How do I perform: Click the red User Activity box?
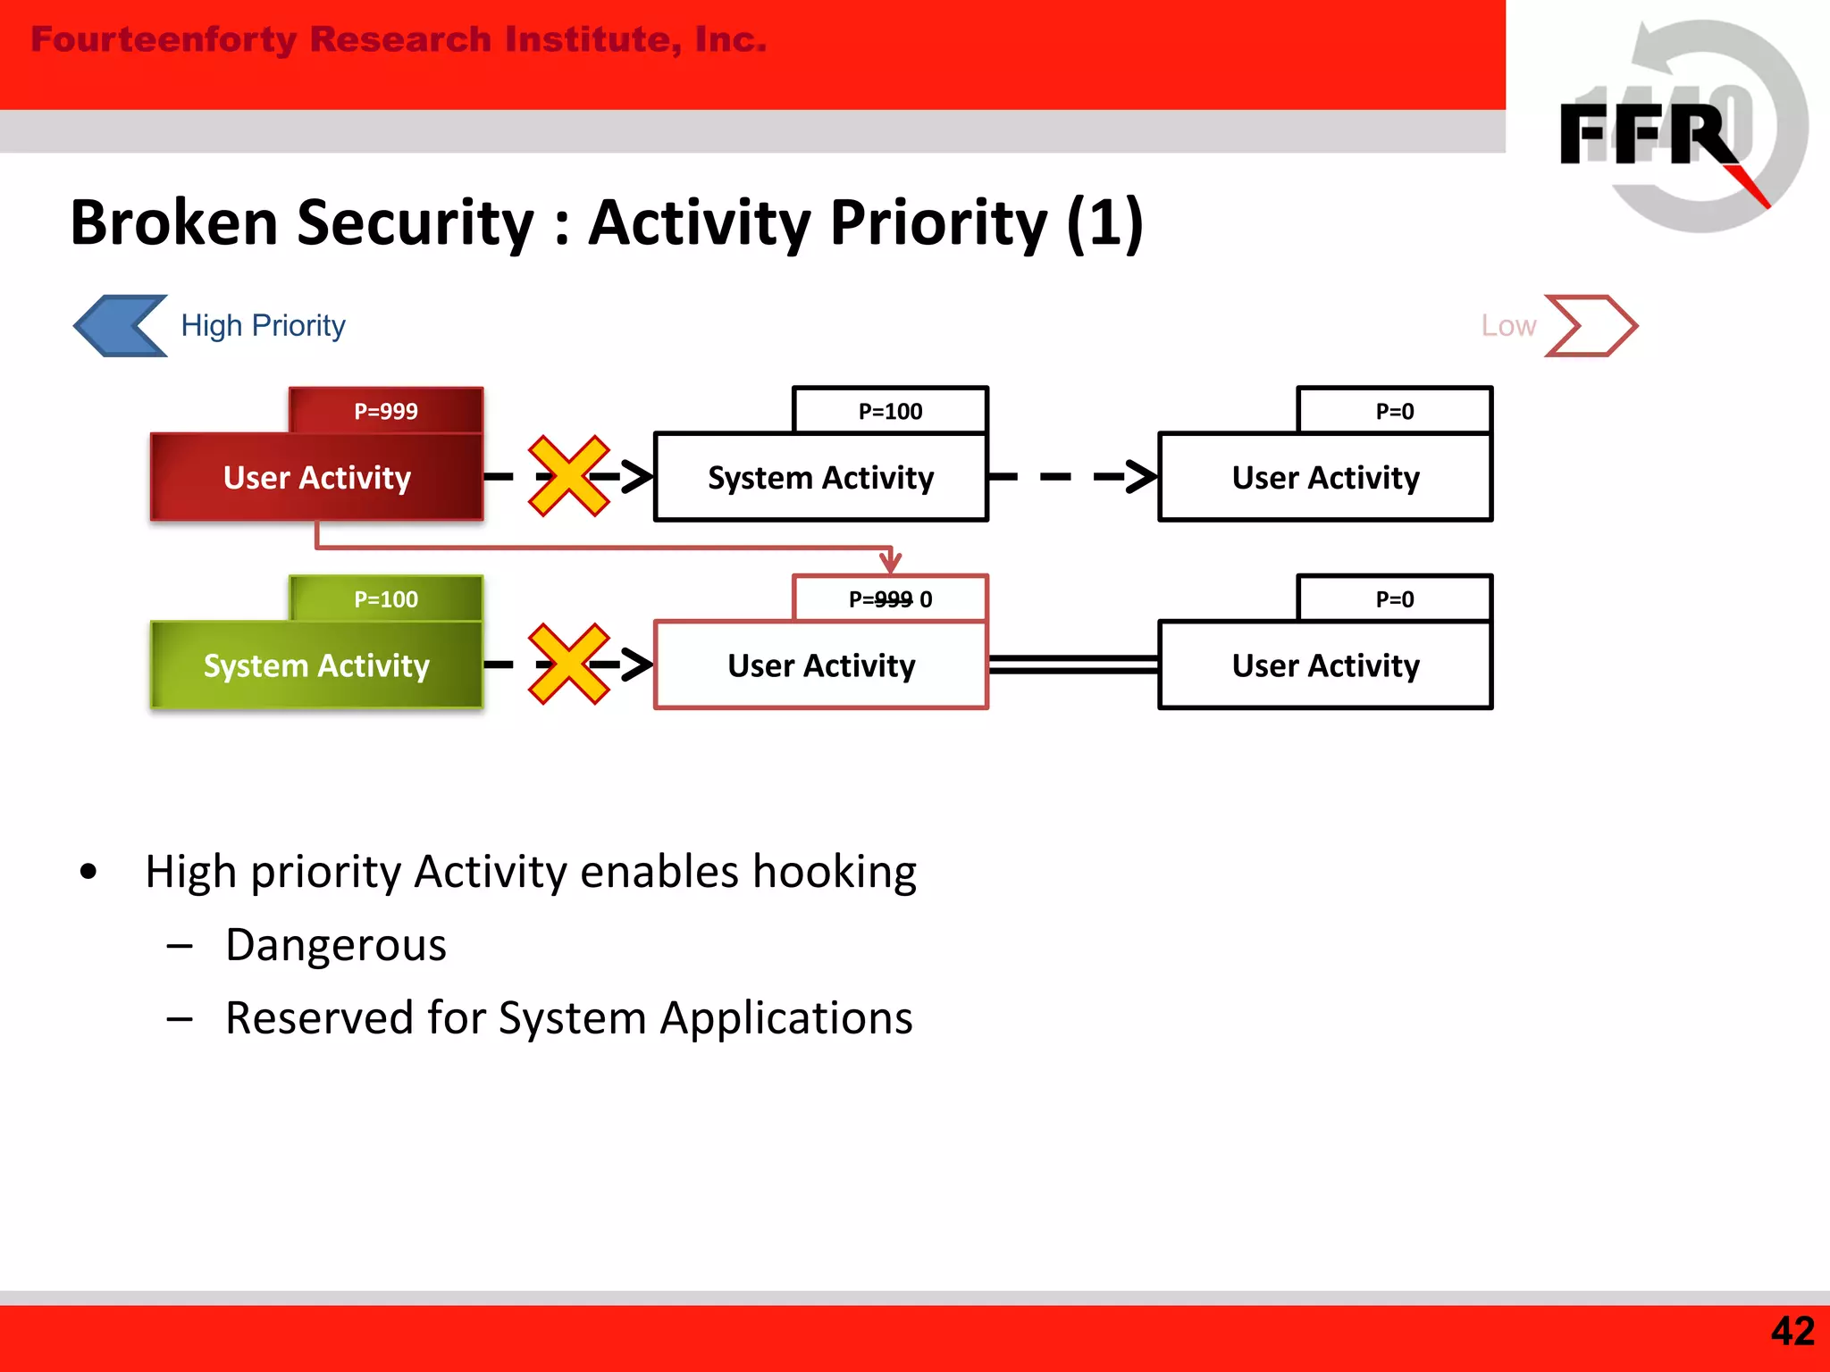(316, 477)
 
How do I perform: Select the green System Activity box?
(316, 665)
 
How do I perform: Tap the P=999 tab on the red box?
(386, 411)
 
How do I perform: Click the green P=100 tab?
(386, 598)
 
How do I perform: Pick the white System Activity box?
(820, 477)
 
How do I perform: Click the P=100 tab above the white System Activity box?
(890, 411)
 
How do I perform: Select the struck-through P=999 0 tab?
(890, 598)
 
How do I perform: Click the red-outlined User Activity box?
(820, 665)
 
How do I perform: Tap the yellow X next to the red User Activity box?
(568, 476)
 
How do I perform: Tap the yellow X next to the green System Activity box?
(568, 665)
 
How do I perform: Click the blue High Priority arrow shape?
(119, 326)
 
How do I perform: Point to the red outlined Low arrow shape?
(1591, 326)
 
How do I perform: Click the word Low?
(1508, 326)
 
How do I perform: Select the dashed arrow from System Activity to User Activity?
(1072, 477)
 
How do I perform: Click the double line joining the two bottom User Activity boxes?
(1072, 664)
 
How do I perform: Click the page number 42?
(1792, 1332)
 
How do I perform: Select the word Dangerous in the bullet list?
(336, 945)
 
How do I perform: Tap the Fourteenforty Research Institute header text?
(399, 40)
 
